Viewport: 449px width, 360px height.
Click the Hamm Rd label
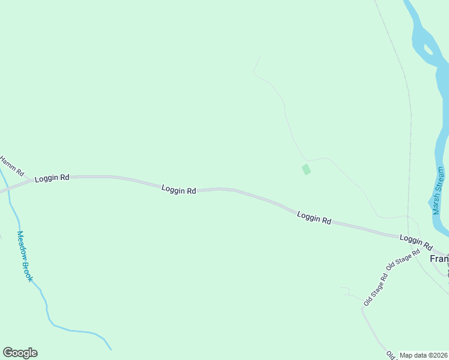tap(11, 166)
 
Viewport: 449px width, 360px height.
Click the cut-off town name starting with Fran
tap(439, 259)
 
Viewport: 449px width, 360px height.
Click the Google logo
tap(20, 353)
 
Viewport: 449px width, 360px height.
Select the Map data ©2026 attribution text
tap(423, 355)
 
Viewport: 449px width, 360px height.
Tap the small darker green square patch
tap(306, 170)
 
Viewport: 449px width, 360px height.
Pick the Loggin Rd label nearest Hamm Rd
tap(52, 178)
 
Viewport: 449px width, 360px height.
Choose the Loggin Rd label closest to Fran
tap(416, 242)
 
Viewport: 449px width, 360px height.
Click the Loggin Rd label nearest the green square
tap(314, 217)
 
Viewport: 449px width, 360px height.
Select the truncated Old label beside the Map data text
tap(391, 355)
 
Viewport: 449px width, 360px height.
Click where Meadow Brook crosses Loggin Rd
tap(4, 190)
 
